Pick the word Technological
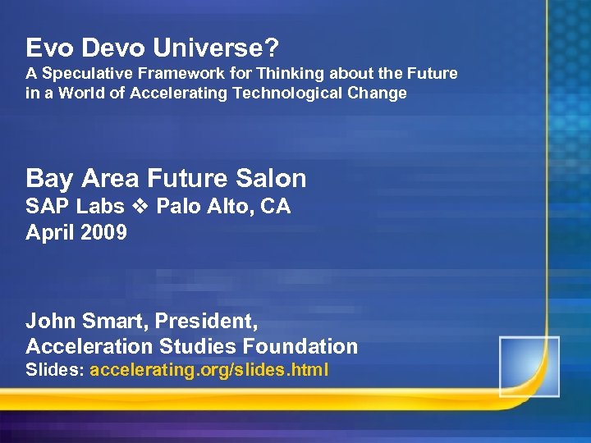(x=292, y=93)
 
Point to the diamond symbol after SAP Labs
(x=140, y=207)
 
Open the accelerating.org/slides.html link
(x=209, y=370)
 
